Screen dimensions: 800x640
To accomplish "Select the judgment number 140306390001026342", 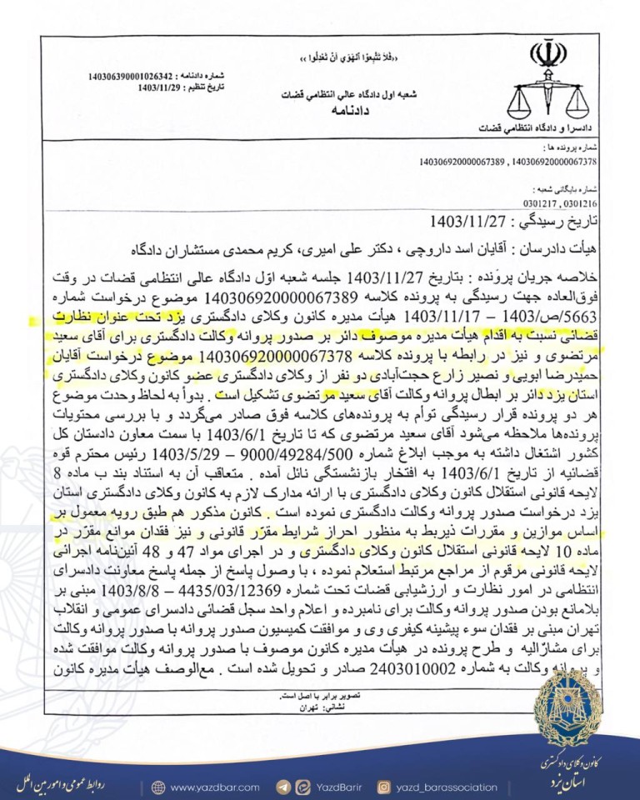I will [x=136, y=76].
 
